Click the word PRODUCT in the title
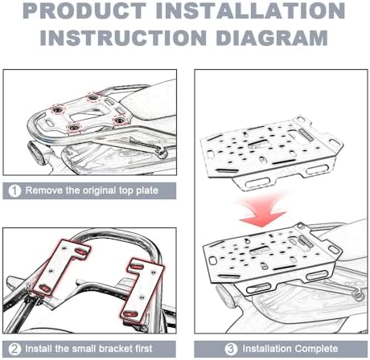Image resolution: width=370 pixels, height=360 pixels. (84, 11)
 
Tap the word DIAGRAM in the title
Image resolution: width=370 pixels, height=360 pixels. (272, 38)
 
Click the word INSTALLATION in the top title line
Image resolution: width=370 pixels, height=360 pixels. (250, 11)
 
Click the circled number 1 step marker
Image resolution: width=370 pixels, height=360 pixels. (14, 191)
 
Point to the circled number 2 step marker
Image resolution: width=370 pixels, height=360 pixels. (14, 349)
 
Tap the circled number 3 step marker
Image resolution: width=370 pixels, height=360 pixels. (231, 349)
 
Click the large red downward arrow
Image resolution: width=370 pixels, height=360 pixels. (263, 211)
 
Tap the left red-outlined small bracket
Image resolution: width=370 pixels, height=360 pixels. (61, 268)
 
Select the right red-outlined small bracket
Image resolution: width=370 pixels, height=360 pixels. (142, 291)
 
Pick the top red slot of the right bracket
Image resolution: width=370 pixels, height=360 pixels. (138, 267)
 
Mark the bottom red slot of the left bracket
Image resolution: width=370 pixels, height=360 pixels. (45, 288)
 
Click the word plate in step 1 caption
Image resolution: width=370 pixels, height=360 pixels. (147, 190)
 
